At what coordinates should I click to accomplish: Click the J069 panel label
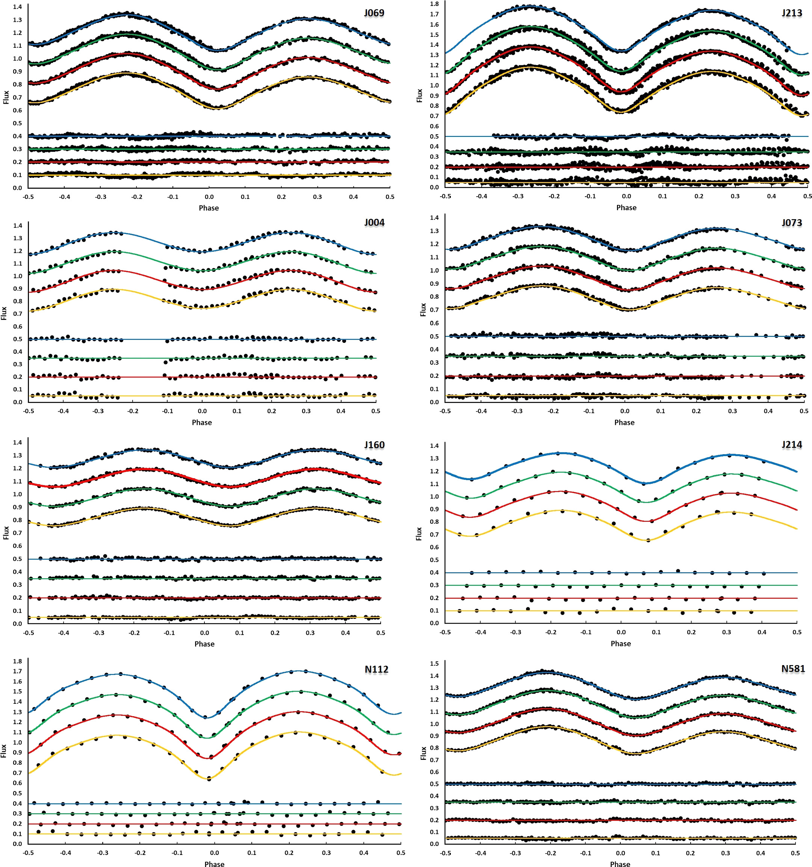pos(374,13)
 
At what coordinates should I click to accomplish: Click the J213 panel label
pos(791,13)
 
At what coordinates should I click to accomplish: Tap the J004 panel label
pos(374,223)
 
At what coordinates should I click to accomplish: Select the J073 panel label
pos(791,223)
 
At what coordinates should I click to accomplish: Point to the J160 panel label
pos(374,445)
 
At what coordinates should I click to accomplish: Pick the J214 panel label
pos(791,444)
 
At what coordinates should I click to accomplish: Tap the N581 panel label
pos(793,668)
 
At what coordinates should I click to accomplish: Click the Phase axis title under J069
pos(209,208)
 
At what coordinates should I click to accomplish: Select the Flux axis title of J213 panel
pos(420,95)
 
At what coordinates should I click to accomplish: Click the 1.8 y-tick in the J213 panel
pos(434,4)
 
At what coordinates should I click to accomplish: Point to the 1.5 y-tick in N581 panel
pos(434,663)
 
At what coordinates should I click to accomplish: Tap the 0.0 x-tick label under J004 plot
pos(202,411)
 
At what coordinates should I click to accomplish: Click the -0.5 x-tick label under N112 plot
pos(28,853)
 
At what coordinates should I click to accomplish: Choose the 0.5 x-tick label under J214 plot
pos(797,632)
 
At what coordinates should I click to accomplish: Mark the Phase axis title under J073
pos(624,422)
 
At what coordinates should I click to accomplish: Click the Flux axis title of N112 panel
pos(4,750)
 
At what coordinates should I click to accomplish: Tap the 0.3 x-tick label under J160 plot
pos(310,632)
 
